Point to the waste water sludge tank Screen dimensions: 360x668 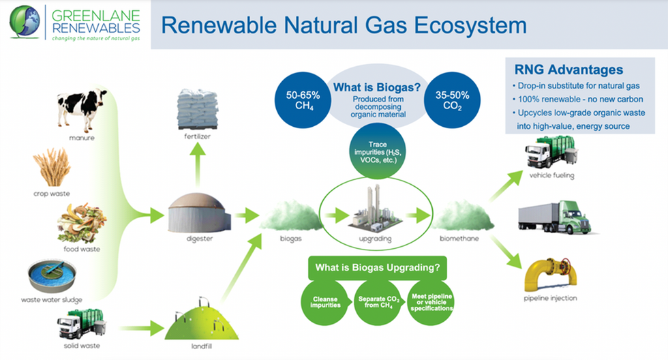[x=52, y=275]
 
